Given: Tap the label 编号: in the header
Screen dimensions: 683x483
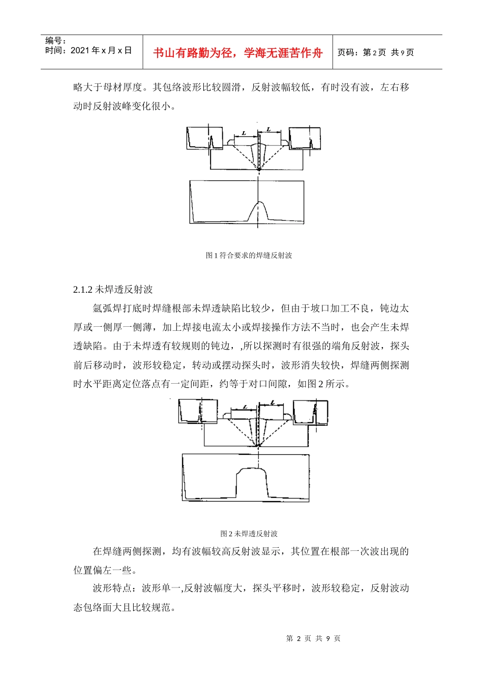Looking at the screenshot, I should [x=55, y=41].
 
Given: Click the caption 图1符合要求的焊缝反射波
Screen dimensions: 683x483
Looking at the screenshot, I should [x=249, y=255].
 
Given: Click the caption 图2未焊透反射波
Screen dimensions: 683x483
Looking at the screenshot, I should [x=249, y=534].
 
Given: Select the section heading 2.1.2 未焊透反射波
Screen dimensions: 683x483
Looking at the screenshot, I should [x=113, y=289].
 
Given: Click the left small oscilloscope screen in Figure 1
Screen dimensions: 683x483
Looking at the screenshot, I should [x=204, y=138].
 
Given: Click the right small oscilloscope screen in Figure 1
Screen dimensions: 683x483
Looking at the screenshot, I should [x=305, y=138].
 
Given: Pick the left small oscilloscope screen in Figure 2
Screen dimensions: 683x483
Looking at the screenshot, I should [x=198, y=411].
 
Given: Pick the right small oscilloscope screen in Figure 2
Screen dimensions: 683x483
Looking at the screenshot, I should [x=310, y=411].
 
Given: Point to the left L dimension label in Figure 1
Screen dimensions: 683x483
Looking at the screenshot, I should [x=244, y=133].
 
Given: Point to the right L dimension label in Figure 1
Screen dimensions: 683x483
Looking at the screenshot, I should [x=269, y=130].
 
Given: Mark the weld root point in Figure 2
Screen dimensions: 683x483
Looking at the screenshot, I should [x=258, y=445].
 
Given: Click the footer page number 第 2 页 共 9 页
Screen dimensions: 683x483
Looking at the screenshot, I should [x=313, y=638].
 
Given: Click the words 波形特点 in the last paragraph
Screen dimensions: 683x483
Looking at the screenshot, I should [x=112, y=588].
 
